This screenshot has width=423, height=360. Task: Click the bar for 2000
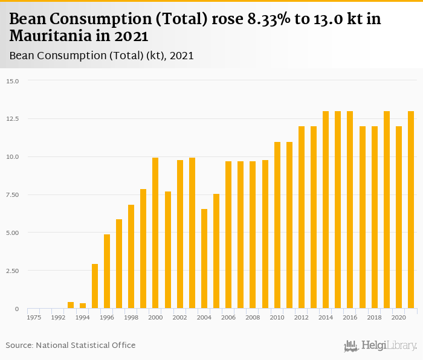pos(155,233)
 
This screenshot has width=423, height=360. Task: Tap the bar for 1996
pos(107,271)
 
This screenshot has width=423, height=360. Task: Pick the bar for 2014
pos(326,210)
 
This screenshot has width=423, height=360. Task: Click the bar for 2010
pos(277,225)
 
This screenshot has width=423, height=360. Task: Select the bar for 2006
pos(228,235)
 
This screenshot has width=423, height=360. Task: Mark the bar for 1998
pos(131,257)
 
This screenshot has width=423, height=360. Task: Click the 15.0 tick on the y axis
pos(13,81)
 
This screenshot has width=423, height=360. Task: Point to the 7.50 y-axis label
pos(13,195)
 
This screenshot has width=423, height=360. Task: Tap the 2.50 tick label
pos(13,271)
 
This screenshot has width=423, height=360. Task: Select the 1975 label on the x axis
pos(34,317)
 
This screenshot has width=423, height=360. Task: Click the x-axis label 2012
pos(302,317)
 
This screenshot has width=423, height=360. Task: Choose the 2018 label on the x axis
pos(375,317)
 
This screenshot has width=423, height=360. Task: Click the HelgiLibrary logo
pos(381,346)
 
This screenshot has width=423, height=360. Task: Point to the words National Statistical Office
pos(86,345)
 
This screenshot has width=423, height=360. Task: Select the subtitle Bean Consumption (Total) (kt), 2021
pos(102,56)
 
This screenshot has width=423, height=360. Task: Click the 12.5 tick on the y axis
pos(13,119)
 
